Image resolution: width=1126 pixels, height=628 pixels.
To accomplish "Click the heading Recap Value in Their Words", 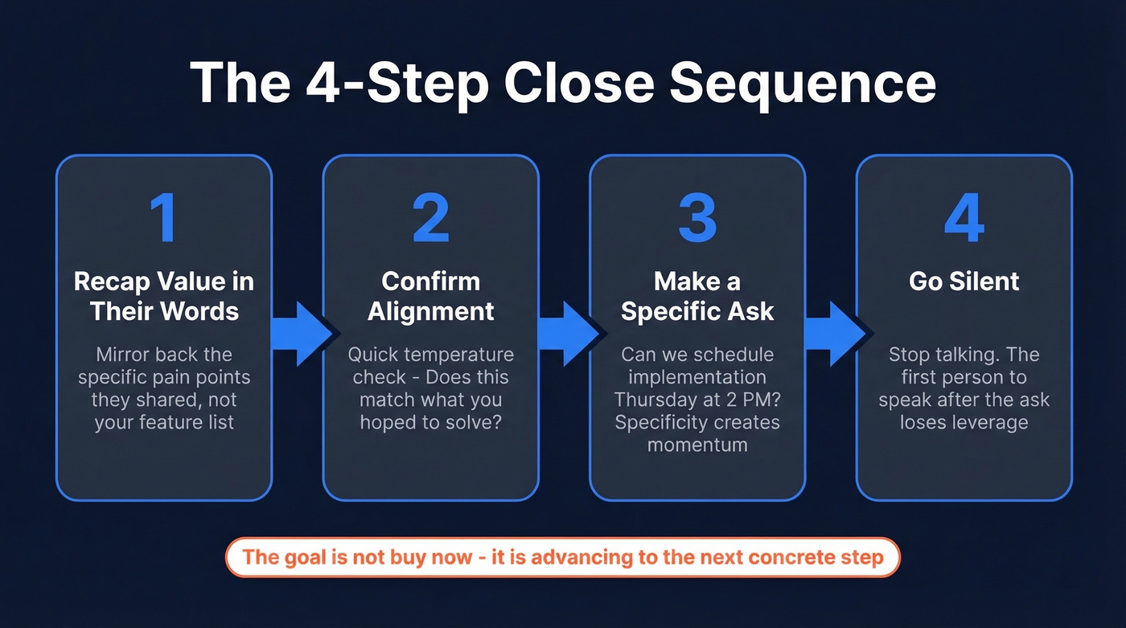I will [x=164, y=296].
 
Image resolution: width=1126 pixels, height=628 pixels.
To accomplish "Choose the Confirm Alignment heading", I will [x=430, y=296].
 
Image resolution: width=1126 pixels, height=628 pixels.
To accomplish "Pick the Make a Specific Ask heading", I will [x=697, y=296].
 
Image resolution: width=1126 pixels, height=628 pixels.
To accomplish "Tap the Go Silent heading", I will [x=964, y=281].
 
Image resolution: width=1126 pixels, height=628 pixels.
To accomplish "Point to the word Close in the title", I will [x=580, y=84].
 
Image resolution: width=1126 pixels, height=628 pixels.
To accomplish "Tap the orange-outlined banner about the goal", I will [x=562, y=557].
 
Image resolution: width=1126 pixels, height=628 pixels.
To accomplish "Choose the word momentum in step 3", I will [x=697, y=445].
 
